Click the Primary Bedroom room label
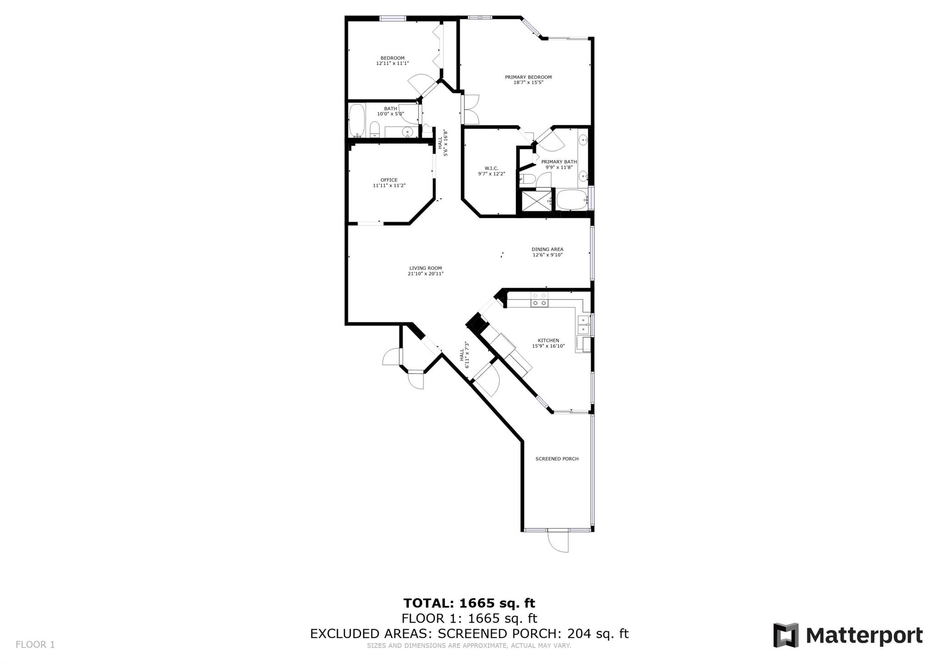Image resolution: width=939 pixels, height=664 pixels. coord(528,77)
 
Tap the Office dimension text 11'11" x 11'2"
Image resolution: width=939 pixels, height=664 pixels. coord(389,185)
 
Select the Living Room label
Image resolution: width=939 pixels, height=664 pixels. coord(425,268)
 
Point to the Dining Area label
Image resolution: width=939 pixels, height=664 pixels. coord(547,249)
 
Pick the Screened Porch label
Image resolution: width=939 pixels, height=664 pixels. coord(557,459)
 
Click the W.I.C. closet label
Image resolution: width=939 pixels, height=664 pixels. coord(492,168)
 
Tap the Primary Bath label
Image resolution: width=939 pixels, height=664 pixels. coord(559,162)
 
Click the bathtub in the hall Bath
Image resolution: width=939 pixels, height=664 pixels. coord(357,121)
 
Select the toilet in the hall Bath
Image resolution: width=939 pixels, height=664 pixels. coord(375,129)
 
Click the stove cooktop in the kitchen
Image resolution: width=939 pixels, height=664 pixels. coord(540,300)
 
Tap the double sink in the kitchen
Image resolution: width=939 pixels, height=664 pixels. coord(583,324)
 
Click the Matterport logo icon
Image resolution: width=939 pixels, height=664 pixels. coord(786,635)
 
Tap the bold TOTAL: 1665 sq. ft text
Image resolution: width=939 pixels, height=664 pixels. coord(469,603)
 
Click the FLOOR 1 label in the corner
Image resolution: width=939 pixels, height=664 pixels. coord(35,645)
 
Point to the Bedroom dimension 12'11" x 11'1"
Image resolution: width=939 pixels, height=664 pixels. coord(392,63)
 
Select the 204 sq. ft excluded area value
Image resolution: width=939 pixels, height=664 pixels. coord(598,634)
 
